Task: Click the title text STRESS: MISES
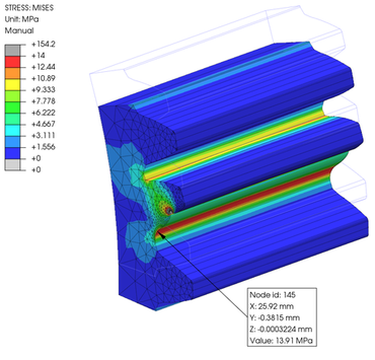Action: [x=29, y=8]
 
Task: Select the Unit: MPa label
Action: [x=22, y=19]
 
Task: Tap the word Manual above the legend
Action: [x=19, y=31]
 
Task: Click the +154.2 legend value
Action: [x=43, y=44]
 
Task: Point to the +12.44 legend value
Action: [x=43, y=67]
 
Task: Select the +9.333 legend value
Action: [x=43, y=90]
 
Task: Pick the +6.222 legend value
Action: [x=43, y=113]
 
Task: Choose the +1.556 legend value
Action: [x=43, y=147]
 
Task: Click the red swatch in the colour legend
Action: [x=12, y=62]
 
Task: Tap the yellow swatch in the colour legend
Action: [x=12, y=84]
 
